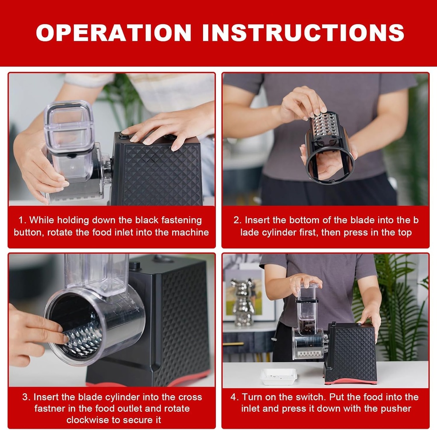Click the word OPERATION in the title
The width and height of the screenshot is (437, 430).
pyautogui.click(x=114, y=33)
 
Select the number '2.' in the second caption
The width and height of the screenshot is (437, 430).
pyautogui.click(x=237, y=220)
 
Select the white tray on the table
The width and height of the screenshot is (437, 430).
pyautogui.click(x=278, y=376)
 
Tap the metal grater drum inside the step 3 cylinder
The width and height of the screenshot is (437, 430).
pyautogui.click(x=85, y=339)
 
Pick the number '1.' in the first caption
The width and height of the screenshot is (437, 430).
pyautogui.click(x=22, y=220)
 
